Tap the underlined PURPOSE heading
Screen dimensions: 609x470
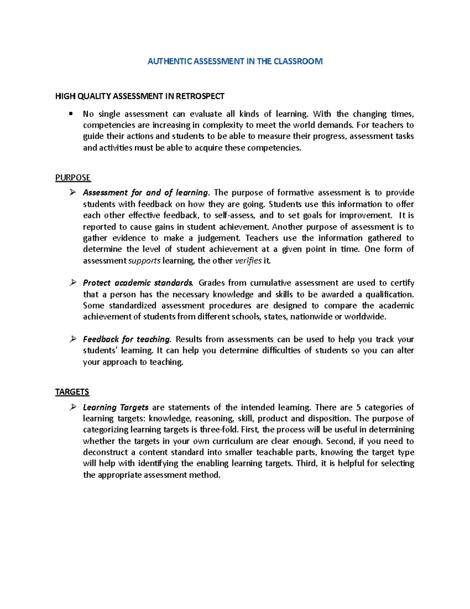coord(73,178)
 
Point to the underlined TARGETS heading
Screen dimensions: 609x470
coord(72,392)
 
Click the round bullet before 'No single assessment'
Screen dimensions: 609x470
coord(70,114)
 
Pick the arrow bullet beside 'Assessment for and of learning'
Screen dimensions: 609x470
coord(73,193)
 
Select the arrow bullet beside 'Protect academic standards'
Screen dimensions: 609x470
coord(73,283)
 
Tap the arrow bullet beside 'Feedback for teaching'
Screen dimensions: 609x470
coord(73,339)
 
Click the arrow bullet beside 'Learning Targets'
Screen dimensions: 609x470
coord(73,407)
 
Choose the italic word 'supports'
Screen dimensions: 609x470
coord(145,261)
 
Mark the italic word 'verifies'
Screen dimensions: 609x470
coord(248,261)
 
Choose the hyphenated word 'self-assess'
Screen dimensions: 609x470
coord(235,215)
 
